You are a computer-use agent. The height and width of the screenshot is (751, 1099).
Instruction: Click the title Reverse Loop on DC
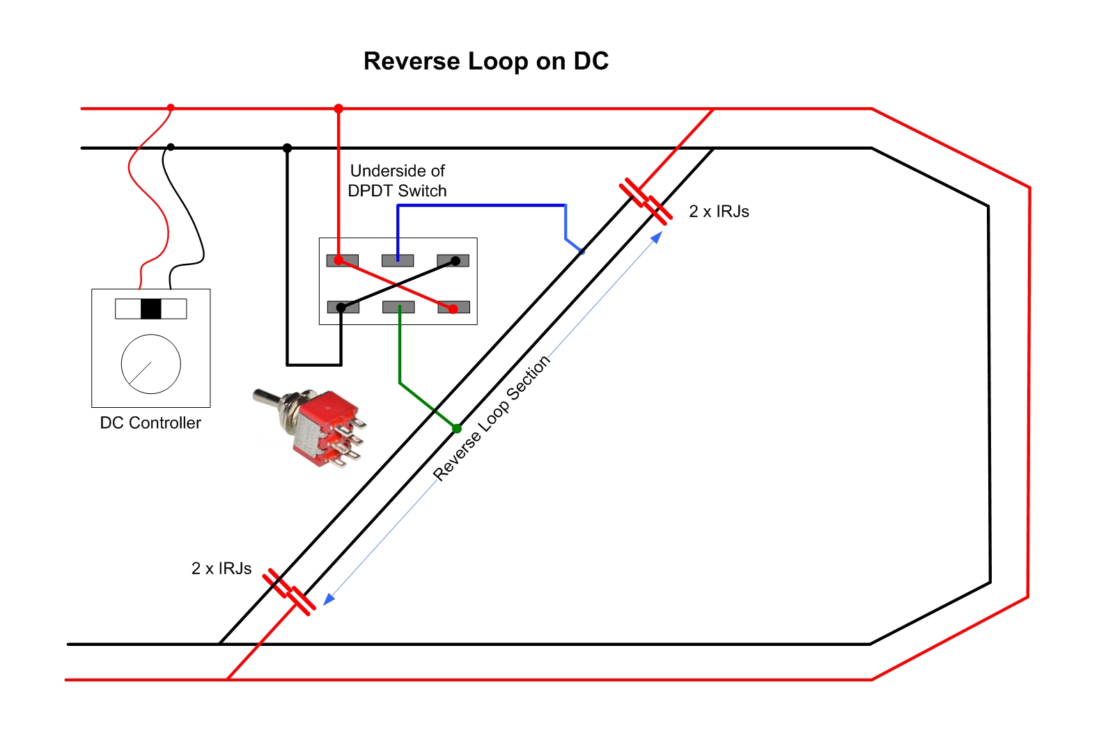pos(485,61)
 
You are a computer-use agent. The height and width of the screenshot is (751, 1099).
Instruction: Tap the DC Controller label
pos(150,422)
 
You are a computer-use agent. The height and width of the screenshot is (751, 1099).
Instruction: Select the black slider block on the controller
pos(150,309)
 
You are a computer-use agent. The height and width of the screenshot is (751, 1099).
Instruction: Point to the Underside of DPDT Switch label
pos(398,180)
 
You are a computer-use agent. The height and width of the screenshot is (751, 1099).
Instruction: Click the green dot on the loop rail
pos(457,429)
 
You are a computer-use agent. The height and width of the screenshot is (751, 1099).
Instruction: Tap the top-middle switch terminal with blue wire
pos(398,260)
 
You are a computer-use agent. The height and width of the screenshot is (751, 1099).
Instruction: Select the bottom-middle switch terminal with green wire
pos(398,307)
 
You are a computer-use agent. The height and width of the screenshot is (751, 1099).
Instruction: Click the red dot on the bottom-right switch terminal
pos(453,309)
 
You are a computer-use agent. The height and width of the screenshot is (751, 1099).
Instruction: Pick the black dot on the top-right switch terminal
pos(455,261)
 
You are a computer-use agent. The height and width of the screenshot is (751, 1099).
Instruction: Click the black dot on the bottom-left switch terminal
pos(341,308)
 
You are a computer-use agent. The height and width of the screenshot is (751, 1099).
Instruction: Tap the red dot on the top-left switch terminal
pos(338,260)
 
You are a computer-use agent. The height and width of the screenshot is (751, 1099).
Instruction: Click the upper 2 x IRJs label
pos(719,212)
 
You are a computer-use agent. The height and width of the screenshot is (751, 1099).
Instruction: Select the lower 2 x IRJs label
pos(221,568)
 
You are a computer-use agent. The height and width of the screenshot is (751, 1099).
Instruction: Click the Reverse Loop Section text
pos(492,418)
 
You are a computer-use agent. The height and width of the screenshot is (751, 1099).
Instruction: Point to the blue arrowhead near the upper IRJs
pos(657,237)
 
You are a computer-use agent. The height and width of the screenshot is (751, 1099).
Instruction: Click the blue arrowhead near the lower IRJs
pos(329,599)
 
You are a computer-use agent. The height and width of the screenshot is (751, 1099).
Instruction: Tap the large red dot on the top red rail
pos(338,109)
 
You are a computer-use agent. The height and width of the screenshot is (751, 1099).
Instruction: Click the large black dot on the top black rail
pos(288,148)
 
